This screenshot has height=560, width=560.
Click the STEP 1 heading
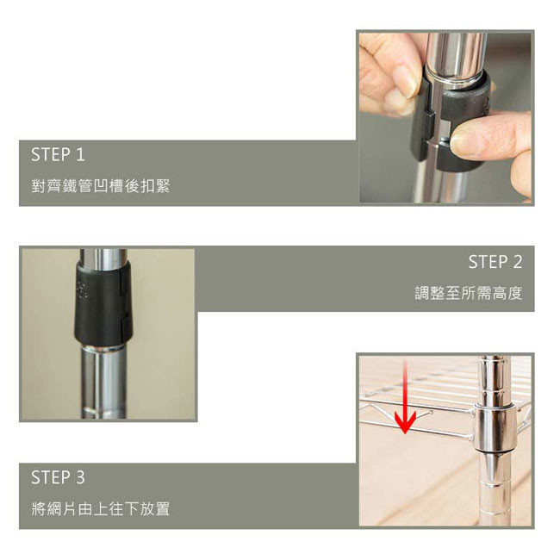pyautogui.click(x=58, y=154)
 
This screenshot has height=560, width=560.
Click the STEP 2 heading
pyautogui.click(x=495, y=262)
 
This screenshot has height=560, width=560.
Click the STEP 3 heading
pyautogui.click(x=58, y=477)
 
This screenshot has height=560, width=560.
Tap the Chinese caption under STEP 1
pyautogui.click(x=100, y=186)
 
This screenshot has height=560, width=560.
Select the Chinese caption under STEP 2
pyautogui.click(x=469, y=293)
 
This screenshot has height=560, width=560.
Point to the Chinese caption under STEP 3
pyautogui.click(x=100, y=508)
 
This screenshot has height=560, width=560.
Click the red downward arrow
pyautogui.click(x=405, y=396)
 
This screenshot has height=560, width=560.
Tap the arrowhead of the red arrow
pyautogui.click(x=405, y=422)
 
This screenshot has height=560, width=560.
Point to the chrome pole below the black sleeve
pyautogui.click(x=103, y=383)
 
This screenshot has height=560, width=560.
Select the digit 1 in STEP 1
pyautogui.click(x=80, y=154)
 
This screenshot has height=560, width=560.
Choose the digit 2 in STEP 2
pyautogui.click(x=517, y=262)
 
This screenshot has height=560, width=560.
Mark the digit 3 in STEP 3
pyautogui.click(x=80, y=477)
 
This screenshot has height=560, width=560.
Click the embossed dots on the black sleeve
pyautogui.click(x=82, y=290)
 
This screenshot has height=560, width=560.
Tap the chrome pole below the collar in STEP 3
pyautogui.click(x=495, y=489)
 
